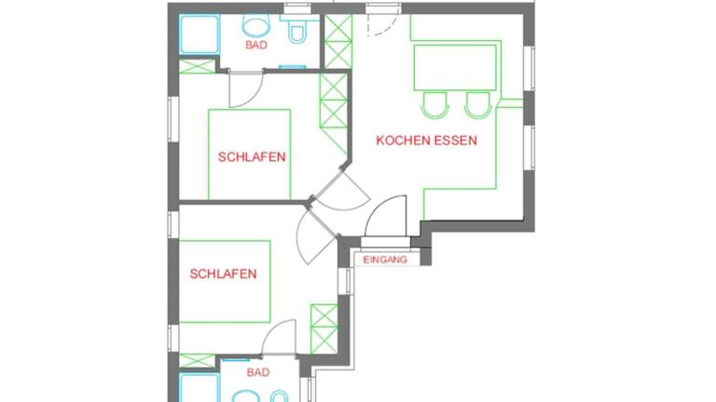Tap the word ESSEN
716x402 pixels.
(x=455, y=141)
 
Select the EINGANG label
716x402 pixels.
(x=385, y=260)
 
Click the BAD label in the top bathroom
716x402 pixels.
(x=256, y=45)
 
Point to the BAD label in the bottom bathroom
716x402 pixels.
(x=258, y=372)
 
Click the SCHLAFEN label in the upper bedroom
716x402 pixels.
(x=252, y=156)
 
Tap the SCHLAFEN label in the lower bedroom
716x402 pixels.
(x=223, y=274)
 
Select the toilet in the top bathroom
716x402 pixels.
(x=297, y=30)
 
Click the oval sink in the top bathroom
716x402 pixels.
(x=256, y=25)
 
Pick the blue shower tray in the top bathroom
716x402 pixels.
(x=200, y=34)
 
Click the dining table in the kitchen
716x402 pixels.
(x=455, y=67)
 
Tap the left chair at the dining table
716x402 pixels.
(x=434, y=105)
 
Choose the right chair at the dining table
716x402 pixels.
(x=477, y=105)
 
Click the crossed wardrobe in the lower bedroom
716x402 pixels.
(x=324, y=328)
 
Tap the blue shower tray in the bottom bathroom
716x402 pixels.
(x=200, y=388)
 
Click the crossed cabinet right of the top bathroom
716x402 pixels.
(x=337, y=42)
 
